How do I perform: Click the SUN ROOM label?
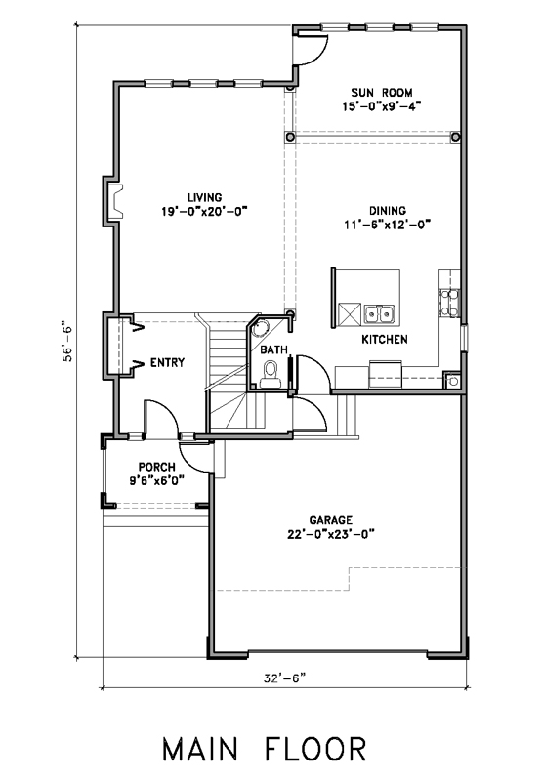382,92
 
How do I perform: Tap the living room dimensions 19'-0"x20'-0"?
204,211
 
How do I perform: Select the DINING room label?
387,210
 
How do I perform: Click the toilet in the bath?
270,375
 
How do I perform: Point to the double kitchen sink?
379,314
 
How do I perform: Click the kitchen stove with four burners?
449,303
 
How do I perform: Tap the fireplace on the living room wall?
113,201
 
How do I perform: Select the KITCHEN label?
385,339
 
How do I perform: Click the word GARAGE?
331,520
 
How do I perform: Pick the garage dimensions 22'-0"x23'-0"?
331,534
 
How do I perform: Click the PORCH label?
156,467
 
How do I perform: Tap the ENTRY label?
167,362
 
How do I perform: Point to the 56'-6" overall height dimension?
67,344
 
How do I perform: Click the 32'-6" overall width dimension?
284,678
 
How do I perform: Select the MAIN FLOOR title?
265,749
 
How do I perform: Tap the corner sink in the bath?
260,329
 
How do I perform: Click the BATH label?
274,350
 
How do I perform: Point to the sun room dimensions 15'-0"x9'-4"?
382,106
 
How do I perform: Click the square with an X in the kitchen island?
350,314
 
